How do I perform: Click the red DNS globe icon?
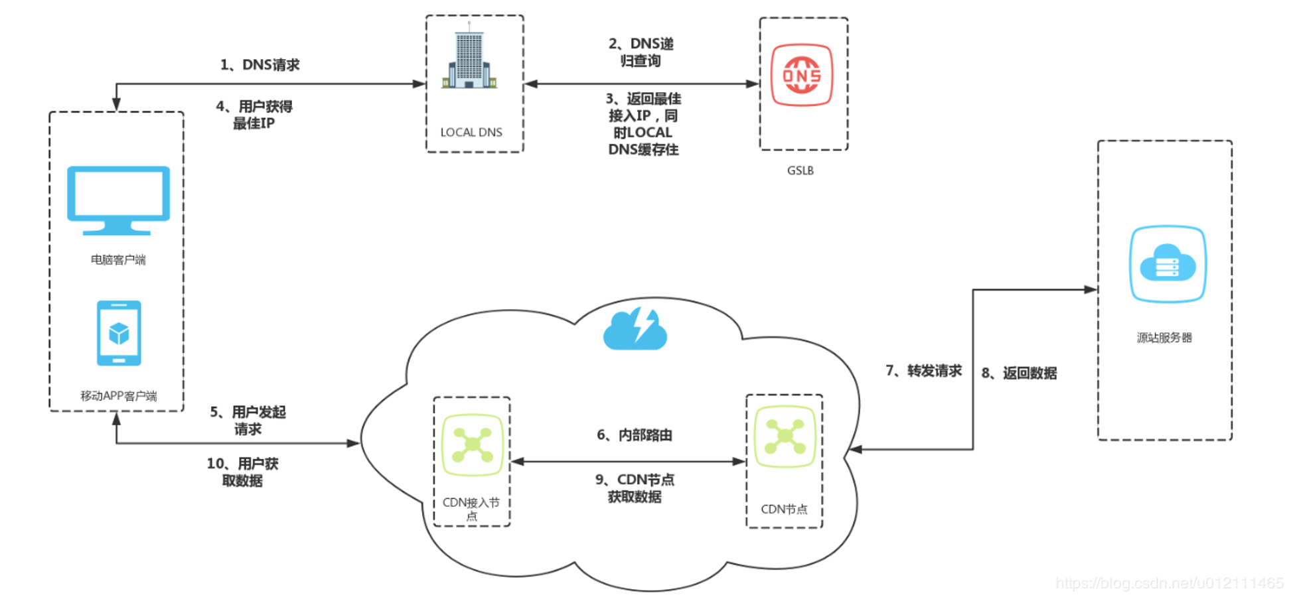click(x=802, y=75)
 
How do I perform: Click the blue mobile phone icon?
click(x=119, y=333)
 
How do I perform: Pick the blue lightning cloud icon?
click(x=635, y=329)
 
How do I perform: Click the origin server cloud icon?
click(x=1168, y=264)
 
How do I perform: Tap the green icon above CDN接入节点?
click(x=472, y=444)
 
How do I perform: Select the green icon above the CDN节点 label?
click(x=785, y=436)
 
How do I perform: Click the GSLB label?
click(x=800, y=170)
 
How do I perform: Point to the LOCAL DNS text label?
click(x=471, y=132)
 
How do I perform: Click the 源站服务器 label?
click(x=1164, y=338)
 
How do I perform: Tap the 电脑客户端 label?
click(x=118, y=259)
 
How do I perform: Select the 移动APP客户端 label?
click(x=118, y=396)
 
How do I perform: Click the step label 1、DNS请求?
click(x=260, y=64)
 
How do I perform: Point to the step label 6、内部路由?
click(x=634, y=435)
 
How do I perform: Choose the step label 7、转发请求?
click(x=923, y=371)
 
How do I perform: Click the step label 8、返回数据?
click(x=1019, y=373)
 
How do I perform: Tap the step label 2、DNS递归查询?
click(x=641, y=52)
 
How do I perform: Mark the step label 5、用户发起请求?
click(x=248, y=421)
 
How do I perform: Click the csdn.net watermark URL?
click(x=1170, y=583)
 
